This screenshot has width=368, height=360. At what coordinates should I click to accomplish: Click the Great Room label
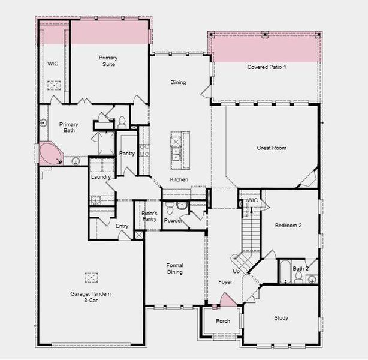[272, 147]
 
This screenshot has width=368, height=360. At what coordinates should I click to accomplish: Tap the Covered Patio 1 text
[267, 67]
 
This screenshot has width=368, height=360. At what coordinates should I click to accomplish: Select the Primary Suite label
[108, 61]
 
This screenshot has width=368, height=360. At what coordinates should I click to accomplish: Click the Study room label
[281, 318]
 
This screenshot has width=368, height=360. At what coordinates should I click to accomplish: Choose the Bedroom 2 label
[288, 226]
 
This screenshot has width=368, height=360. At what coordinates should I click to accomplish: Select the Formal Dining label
[174, 268]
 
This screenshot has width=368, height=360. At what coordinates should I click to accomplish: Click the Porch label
[222, 321]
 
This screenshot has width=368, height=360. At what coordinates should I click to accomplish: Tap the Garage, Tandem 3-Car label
[90, 297]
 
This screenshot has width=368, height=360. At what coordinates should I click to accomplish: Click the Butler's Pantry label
[149, 216]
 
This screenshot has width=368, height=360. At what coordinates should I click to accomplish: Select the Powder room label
[173, 220]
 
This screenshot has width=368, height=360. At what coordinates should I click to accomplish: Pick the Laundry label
[99, 177]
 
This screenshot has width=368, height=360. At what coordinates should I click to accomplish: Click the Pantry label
[127, 153]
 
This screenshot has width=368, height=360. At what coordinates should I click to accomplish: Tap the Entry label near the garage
[122, 226]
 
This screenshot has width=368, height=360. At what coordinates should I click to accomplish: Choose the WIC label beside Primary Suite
[52, 62]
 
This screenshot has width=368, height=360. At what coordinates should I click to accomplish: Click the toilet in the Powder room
[169, 208]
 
